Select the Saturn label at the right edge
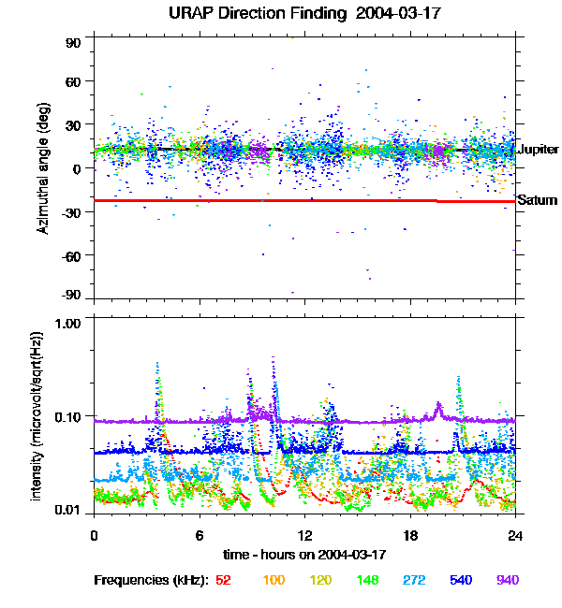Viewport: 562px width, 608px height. [537, 200]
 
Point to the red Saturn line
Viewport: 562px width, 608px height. [281, 200]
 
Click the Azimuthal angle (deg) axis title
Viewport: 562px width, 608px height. [42, 169]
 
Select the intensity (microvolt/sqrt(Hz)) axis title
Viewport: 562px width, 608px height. [37, 414]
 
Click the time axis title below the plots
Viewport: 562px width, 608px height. [304, 555]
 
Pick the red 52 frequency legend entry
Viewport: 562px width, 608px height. [224, 581]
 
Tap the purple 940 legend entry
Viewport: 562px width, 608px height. [508, 581]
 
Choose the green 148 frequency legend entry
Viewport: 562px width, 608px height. [368, 581]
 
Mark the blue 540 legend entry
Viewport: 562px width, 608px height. [461, 581]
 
